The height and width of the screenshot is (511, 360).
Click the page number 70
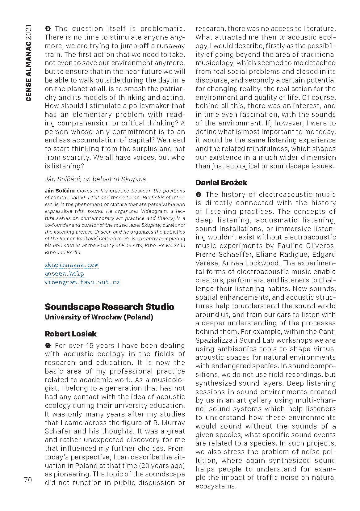click(x=28, y=480)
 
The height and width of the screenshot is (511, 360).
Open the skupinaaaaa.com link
click(x=71, y=265)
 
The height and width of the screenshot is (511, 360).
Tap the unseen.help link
click(x=64, y=273)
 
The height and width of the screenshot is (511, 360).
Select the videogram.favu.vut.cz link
click(x=82, y=282)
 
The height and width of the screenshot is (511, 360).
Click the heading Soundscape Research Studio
click(x=109, y=307)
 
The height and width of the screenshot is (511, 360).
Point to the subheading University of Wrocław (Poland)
click(x=99, y=317)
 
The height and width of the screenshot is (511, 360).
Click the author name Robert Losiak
click(x=70, y=334)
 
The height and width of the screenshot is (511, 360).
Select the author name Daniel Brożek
click(x=221, y=183)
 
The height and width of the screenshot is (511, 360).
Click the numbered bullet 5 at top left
click(x=48, y=29)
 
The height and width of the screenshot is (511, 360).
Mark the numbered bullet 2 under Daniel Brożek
click(x=199, y=194)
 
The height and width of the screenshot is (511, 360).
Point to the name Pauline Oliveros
click(x=306, y=246)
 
